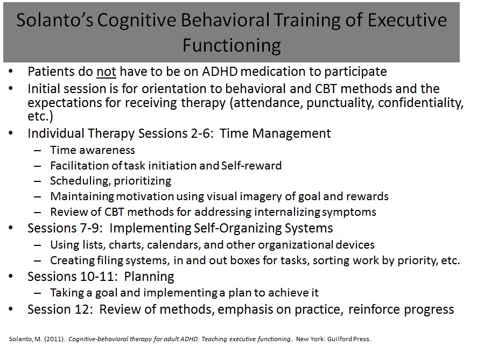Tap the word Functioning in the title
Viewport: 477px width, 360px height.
coord(232,46)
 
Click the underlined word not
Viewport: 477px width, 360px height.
coord(106,72)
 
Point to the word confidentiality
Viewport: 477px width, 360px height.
coord(420,103)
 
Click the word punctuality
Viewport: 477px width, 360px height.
coord(340,103)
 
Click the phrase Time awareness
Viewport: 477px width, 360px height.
coord(93,150)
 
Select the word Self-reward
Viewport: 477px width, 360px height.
coord(251,166)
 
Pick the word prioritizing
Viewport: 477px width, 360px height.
coord(142,181)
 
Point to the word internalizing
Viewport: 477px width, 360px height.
coord(287,212)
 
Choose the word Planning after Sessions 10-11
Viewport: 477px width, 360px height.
coord(149,277)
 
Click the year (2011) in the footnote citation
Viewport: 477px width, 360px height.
coord(54,339)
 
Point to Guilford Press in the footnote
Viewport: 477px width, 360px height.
coord(349,339)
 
